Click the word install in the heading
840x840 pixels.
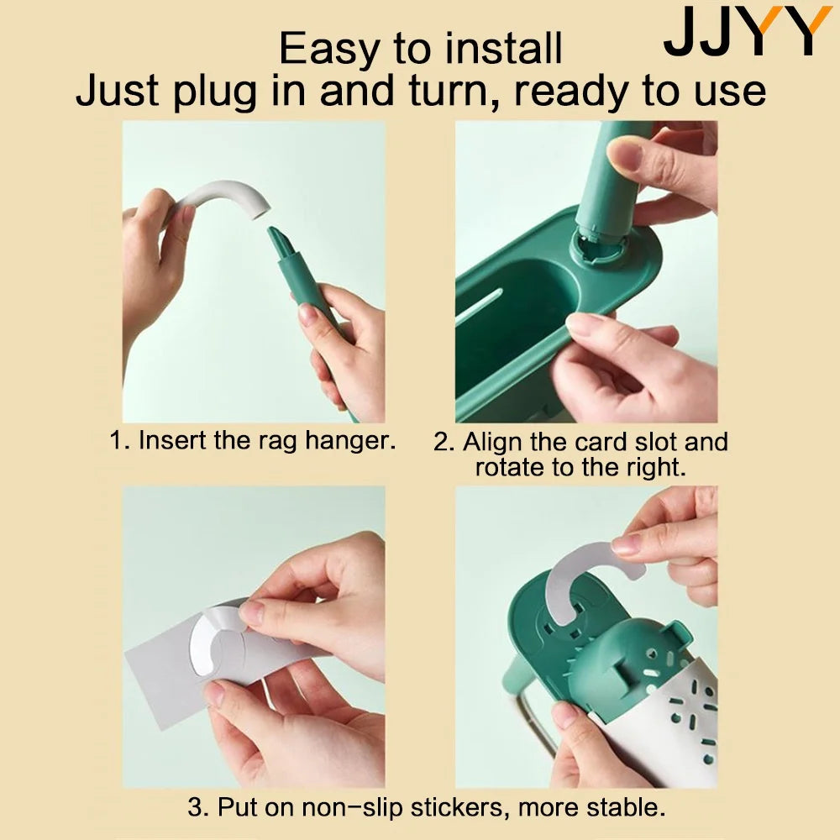coord(503,48)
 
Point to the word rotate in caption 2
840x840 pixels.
coord(508,467)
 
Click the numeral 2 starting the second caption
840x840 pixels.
coord(444,443)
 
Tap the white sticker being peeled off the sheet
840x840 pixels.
coord(209,638)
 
